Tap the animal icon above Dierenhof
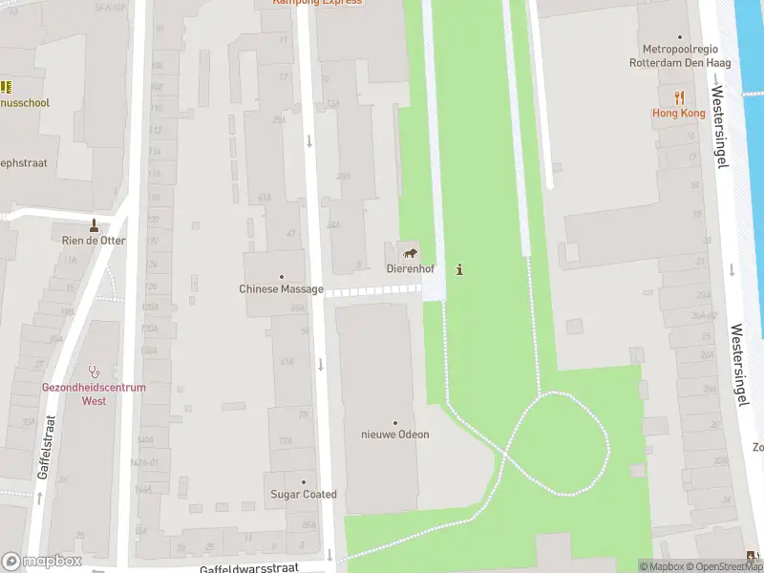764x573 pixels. (x=410, y=253)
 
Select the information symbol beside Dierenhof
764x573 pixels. (x=460, y=269)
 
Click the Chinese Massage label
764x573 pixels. (x=281, y=289)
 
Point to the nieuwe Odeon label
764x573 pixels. (x=394, y=435)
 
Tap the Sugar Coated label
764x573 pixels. (x=304, y=495)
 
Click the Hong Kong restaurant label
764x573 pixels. (x=679, y=114)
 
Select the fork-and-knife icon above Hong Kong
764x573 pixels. (x=679, y=97)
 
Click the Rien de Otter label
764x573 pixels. (x=94, y=241)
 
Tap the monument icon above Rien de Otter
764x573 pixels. (x=94, y=225)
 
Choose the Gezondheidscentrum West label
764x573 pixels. (x=94, y=394)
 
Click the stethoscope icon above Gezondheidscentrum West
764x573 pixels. (x=94, y=371)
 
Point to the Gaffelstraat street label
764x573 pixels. (x=45, y=446)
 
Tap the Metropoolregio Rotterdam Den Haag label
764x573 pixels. (x=680, y=56)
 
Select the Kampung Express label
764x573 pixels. (x=317, y=2)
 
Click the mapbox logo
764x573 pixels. (x=42, y=562)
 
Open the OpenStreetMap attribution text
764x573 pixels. (x=730, y=566)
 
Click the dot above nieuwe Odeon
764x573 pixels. (x=394, y=422)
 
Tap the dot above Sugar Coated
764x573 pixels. (x=304, y=482)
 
